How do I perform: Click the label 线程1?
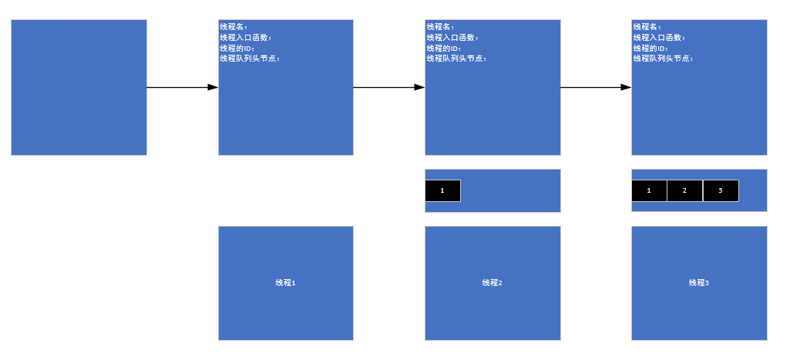tap(286, 283)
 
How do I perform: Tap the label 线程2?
tap(492, 283)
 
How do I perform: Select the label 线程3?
tap(699, 283)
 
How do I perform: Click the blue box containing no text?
tap(79, 87)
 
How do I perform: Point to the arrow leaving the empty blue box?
tap(182, 87)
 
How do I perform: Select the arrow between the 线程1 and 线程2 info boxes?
tap(388, 87)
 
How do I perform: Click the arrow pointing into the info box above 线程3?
tap(595, 87)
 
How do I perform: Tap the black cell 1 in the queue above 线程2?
tap(442, 190)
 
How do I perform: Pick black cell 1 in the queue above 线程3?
tap(649, 190)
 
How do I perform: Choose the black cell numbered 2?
tap(684, 190)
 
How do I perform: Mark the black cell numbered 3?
tap(721, 190)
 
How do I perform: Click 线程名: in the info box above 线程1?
tap(234, 27)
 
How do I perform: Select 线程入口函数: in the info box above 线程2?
tap(452, 37)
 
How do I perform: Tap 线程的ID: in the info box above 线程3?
tap(650, 48)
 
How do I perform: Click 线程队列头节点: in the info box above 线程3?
tap(663, 58)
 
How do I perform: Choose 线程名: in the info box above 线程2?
tap(441, 27)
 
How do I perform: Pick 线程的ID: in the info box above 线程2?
tap(444, 48)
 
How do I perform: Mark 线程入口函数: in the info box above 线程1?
tap(246, 37)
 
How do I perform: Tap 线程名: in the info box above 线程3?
tap(647, 27)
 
